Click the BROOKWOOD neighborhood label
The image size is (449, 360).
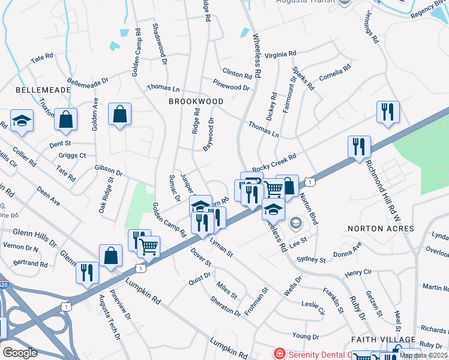[x=196, y=102]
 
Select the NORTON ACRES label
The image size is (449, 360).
[x=381, y=229]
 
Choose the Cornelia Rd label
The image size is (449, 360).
[x=334, y=75]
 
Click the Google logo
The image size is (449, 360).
[x=20, y=352]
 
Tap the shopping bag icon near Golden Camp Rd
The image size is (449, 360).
[x=120, y=113]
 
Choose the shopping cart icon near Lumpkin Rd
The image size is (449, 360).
[x=148, y=245]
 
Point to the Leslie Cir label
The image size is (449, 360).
[x=313, y=307]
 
